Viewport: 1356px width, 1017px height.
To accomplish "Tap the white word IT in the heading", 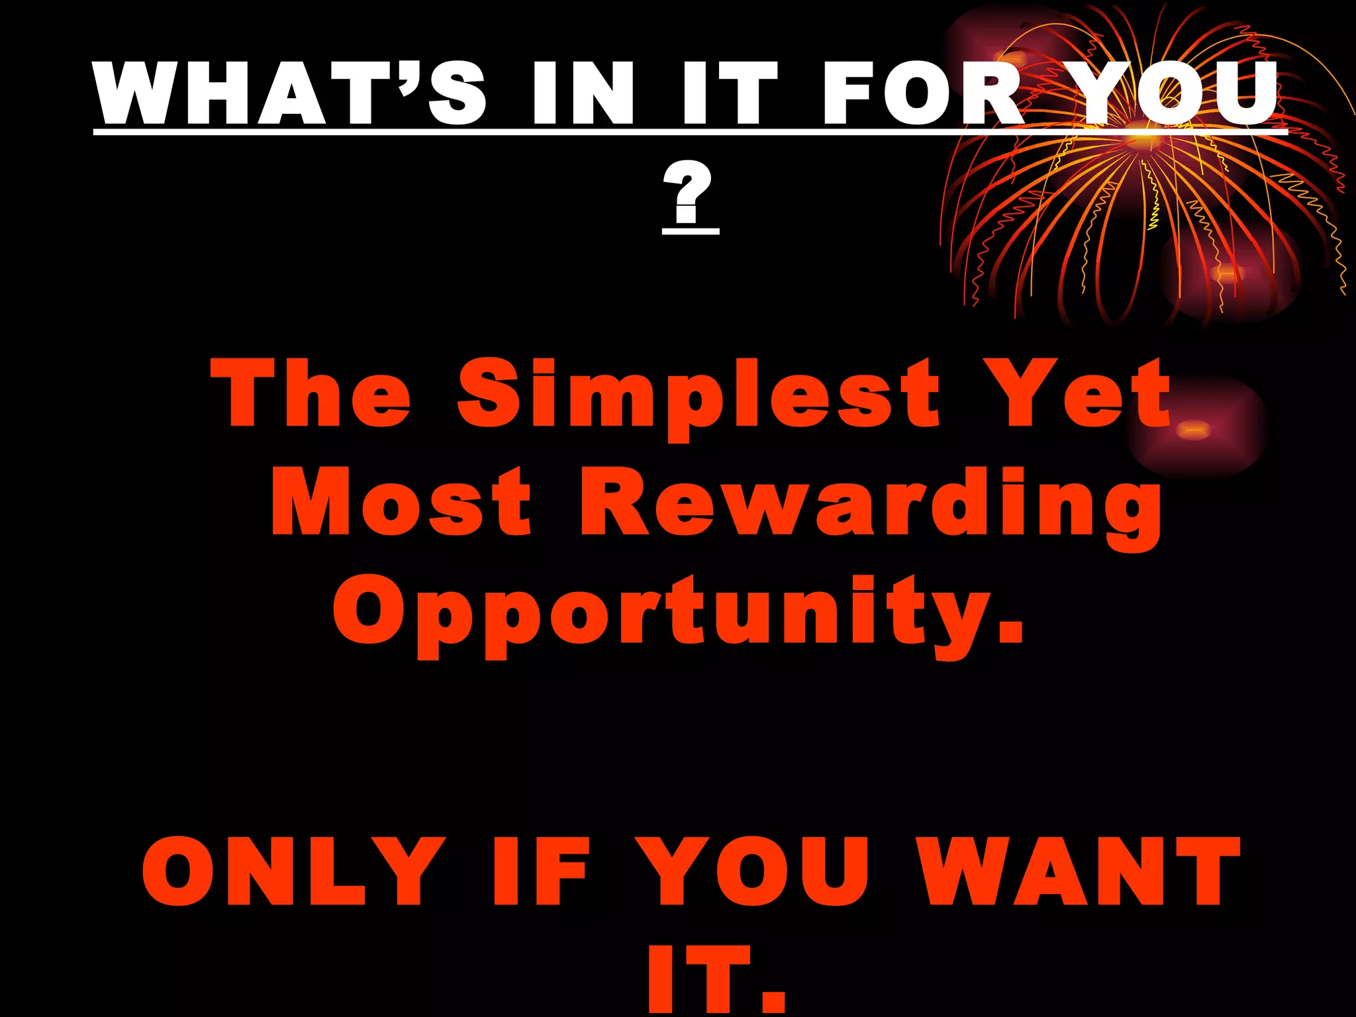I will (729, 93).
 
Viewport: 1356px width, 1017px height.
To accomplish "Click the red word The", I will (311, 393).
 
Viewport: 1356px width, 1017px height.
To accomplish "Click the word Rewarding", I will (870, 507).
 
